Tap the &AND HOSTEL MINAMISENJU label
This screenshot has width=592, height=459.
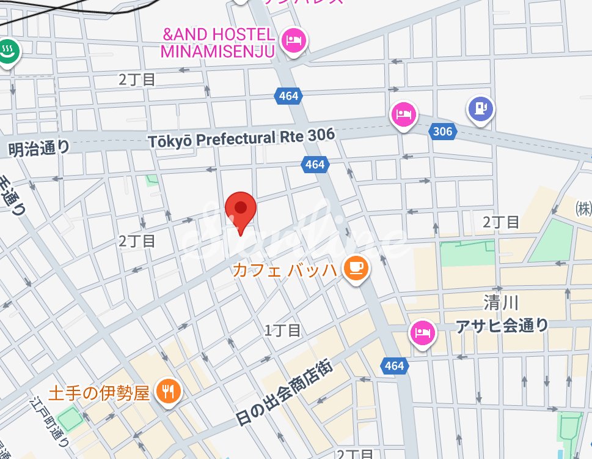point(217,43)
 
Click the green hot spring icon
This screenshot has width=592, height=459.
point(9,51)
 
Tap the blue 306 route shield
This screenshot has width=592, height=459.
point(442,132)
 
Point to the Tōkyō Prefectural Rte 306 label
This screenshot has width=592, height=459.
point(241,138)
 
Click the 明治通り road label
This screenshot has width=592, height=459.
point(40,147)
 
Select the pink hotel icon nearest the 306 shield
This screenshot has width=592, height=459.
point(404,114)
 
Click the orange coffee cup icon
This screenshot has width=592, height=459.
point(356,268)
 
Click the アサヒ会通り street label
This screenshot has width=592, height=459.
point(502,327)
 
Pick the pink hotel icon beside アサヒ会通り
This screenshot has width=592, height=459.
point(422,333)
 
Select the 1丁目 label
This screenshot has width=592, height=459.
point(282,330)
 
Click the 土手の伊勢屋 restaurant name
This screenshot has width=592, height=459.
point(98,392)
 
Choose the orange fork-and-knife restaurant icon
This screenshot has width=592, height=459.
point(168,391)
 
